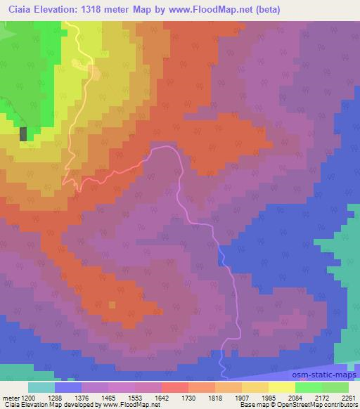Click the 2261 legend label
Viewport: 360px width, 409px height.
[349, 397]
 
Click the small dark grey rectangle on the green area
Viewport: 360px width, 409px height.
[24, 134]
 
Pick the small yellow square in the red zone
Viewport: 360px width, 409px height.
[111, 304]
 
